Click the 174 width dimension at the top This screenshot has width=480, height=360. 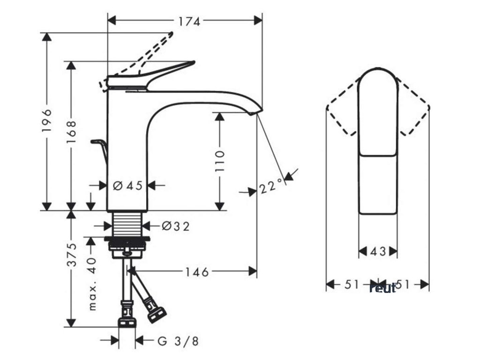[188, 21]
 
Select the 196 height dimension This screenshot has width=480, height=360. [47, 121]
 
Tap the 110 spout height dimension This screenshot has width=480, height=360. [219, 160]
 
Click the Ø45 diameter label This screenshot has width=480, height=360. [127, 186]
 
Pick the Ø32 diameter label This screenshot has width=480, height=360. [176, 226]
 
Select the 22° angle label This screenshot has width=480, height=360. [272, 187]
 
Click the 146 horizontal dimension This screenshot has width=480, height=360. [195, 271]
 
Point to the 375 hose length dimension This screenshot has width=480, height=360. [71, 255]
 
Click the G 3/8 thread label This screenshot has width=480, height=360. [178, 341]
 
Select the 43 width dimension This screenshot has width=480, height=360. [378, 252]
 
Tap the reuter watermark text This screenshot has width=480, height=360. [382, 288]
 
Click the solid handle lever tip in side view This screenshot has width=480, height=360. [192, 62]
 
